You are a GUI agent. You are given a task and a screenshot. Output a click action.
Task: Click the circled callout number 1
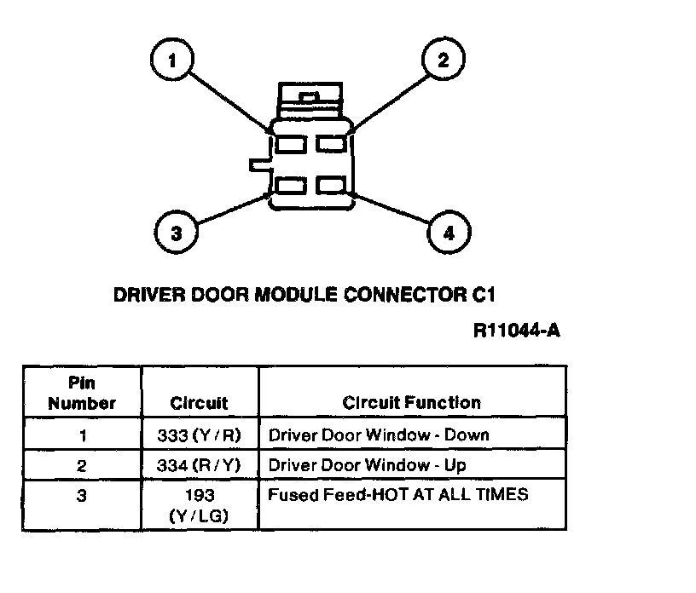coord(172,60)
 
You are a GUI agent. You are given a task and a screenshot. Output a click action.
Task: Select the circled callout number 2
coord(443,60)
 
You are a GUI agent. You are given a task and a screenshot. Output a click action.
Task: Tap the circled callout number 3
coord(177,233)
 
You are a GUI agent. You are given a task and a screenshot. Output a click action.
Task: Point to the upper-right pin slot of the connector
coord(331,145)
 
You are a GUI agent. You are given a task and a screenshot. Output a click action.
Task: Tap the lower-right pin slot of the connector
coord(329,184)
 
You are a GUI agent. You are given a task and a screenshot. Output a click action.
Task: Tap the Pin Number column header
coord(82,394)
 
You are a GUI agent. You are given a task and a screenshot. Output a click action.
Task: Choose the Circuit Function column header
coord(411,402)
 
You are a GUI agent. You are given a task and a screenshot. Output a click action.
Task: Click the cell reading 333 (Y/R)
coord(200,435)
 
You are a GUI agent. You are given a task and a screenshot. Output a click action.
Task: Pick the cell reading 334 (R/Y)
coord(200,466)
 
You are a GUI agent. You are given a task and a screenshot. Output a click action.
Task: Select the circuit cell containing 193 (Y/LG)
coord(200,504)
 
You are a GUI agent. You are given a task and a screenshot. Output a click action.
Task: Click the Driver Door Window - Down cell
coord(379,435)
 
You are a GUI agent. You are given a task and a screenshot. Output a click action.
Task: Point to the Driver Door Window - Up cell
coord(368,466)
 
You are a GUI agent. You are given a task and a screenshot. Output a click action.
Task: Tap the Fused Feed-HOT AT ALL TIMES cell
coord(398,495)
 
